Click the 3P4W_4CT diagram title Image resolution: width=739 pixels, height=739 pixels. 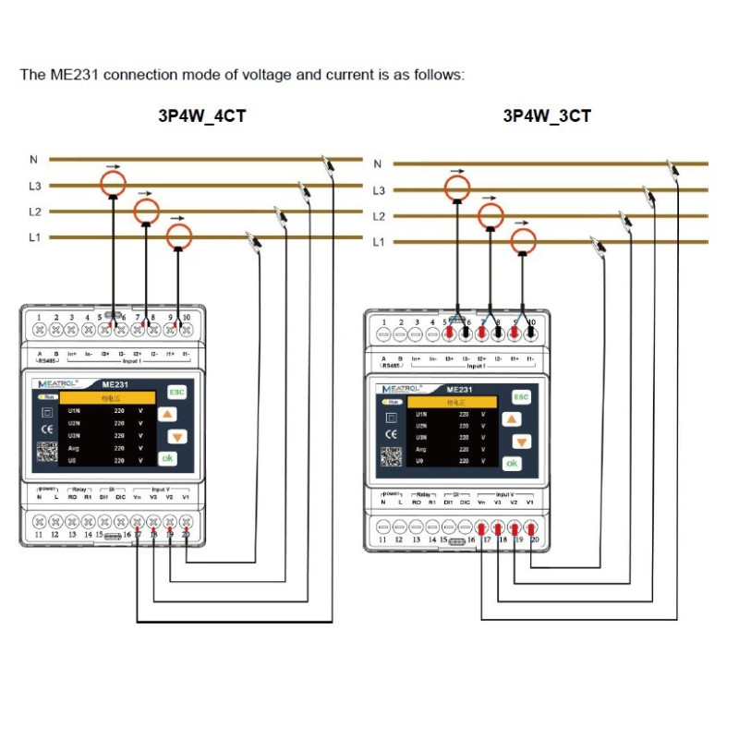tap(202, 116)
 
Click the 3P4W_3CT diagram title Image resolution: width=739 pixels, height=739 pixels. tap(547, 116)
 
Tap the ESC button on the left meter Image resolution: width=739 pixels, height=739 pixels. tap(176, 392)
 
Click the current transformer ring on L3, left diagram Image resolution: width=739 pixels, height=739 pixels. tap(113, 183)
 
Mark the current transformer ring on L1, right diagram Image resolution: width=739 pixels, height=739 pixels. tap(524, 242)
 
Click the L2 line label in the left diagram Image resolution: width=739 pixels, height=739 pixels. tap(35, 212)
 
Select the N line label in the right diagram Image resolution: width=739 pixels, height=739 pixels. tap(377, 164)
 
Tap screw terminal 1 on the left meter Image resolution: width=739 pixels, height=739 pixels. tap(40, 328)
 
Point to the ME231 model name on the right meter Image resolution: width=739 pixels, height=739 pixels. tap(459, 390)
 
